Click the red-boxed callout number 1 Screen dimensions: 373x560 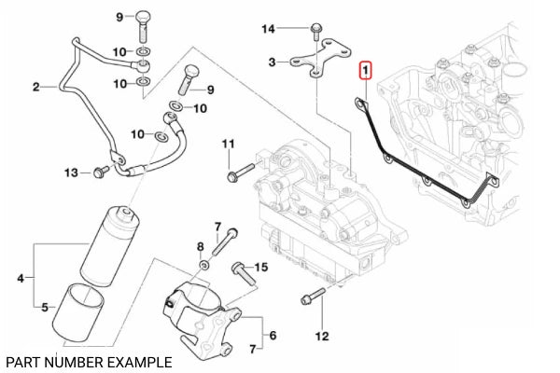(x=367, y=70)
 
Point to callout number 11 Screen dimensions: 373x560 (x=229, y=144)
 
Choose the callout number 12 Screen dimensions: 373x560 (x=322, y=335)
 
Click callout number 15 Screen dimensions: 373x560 (x=261, y=268)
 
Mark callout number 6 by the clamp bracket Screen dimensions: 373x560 (x=272, y=334)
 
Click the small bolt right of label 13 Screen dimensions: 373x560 (x=100, y=172)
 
